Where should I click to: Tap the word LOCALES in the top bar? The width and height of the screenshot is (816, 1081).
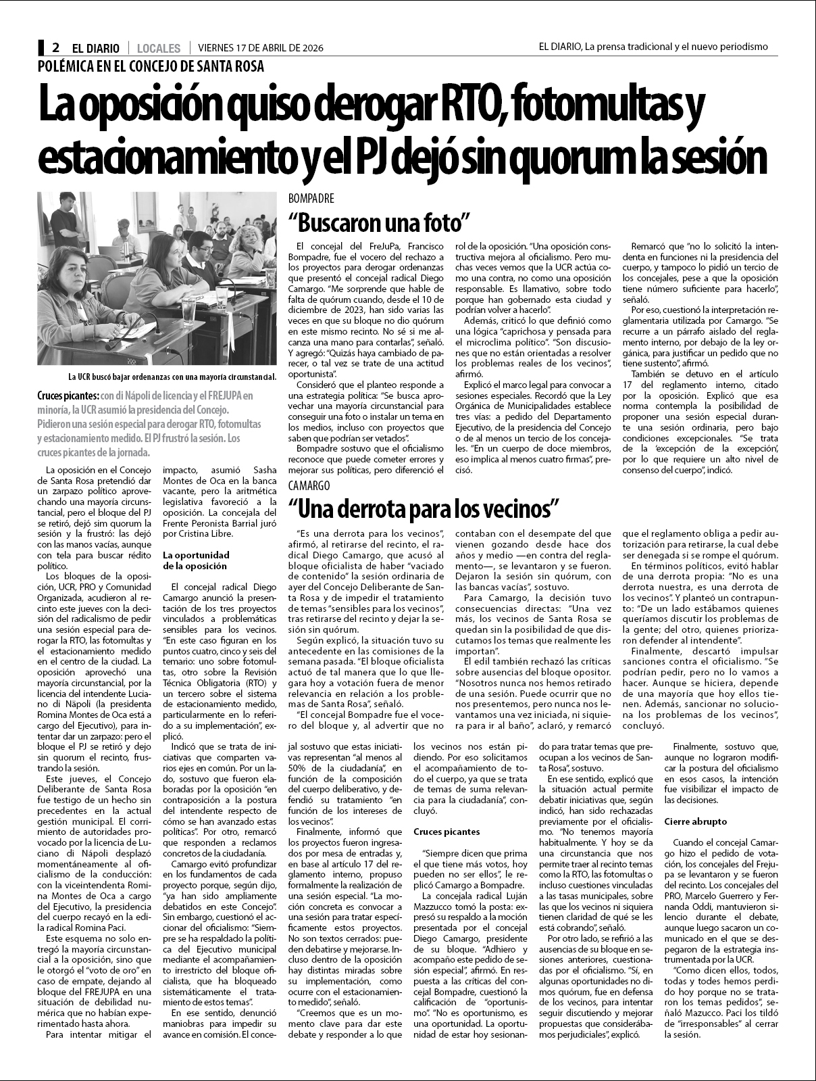[x=158, y=48]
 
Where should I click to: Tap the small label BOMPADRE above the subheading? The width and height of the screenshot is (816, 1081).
[x=311, y=199]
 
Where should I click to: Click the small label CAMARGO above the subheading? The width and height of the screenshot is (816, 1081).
[x=309, y=485]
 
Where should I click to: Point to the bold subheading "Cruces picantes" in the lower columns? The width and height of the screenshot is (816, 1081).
[x=447, y=831]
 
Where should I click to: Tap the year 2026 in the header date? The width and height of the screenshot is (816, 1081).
[x=309, y=48]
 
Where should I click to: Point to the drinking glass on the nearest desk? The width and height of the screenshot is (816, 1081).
[x=187, y=311]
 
